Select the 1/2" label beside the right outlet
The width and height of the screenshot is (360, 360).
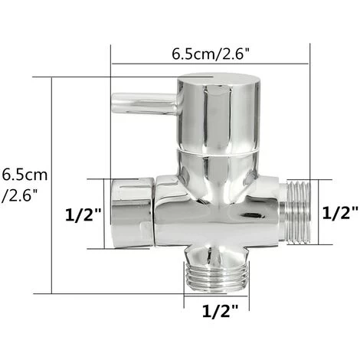[x=339, y=212]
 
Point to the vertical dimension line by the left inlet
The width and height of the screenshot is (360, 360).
[x=105, y=213]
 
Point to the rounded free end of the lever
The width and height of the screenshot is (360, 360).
[x=116, y=100]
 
